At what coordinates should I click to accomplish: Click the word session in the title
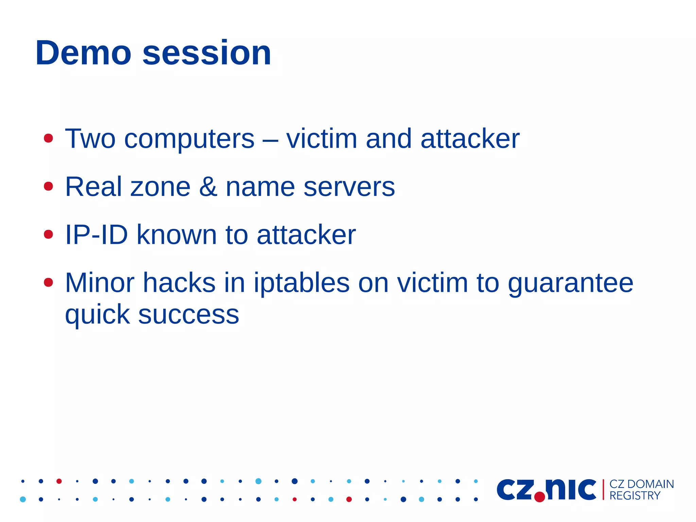(207, 53)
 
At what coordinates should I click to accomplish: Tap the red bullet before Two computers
(49, 138)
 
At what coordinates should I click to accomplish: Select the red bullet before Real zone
(49, 186)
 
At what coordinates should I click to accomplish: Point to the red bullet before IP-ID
(49, 234)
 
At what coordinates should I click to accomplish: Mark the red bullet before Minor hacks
(49, 282)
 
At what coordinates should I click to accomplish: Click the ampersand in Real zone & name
(208, 187)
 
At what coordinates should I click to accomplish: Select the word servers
(349, 187)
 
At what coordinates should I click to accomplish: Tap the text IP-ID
(96, 235)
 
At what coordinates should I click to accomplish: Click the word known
(176, 235)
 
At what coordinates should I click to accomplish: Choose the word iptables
(301, 283)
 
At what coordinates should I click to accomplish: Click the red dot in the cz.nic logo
(539, 497)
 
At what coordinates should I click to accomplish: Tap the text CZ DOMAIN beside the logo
(641, 484)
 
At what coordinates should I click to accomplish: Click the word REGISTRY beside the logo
(634, 496)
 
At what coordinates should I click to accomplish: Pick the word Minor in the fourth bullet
(100, 283)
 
